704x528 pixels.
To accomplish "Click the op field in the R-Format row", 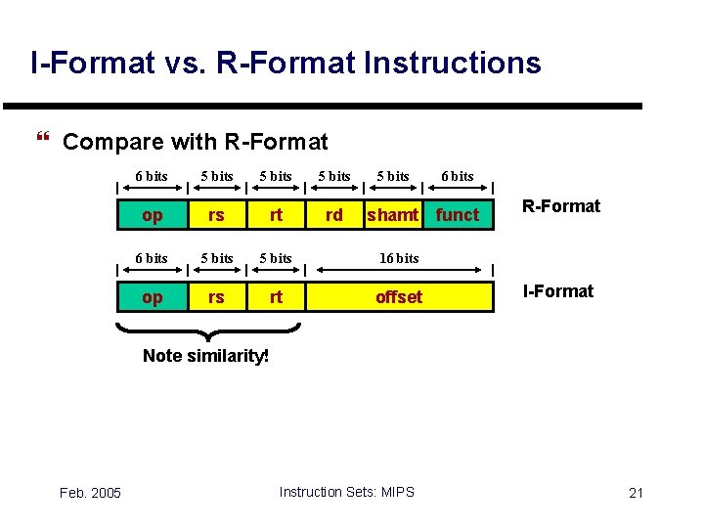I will point(153,214).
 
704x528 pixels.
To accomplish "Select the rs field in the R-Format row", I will point(216,214).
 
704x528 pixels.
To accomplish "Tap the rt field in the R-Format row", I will point(276,214).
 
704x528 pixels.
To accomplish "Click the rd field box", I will point(334,214).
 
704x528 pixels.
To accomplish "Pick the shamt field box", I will point(393,214).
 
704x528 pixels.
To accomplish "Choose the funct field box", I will point(458,214).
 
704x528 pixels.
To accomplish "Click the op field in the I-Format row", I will point(153,296).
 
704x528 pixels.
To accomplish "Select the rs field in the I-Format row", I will point(216,296).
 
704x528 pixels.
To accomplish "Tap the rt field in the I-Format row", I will point(276,296).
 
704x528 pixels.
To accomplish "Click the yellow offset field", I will point(399,296).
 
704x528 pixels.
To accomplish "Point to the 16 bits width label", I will point(399,258).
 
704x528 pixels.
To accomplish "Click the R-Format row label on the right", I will point(560,206).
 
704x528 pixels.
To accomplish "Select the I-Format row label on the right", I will point(558,290).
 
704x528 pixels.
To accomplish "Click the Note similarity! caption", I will point(205,356).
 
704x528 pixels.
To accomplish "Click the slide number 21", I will point(636,492).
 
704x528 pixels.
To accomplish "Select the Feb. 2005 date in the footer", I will point(90,492).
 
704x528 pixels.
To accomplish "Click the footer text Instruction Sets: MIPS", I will point(346,491).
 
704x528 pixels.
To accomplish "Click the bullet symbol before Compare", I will point(40,141).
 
